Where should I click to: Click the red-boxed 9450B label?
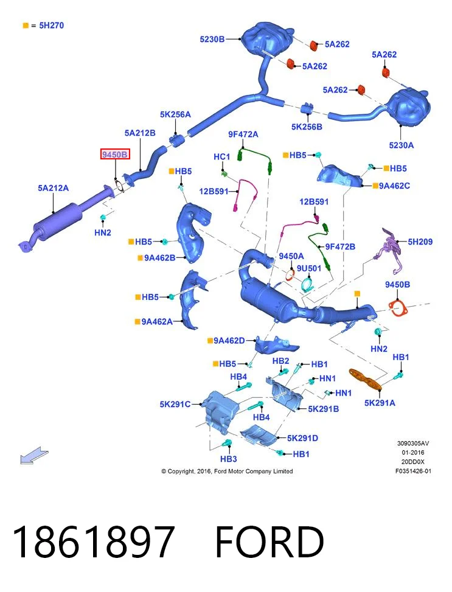coord(115,155)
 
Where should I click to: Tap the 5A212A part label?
coord(54,188)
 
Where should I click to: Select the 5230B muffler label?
coord(212,39)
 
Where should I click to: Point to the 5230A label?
coord(402,145)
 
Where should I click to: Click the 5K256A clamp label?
coord(175,114)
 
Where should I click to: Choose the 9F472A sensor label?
coord(243,134)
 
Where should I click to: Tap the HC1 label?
coord(221,157)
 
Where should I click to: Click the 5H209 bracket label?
coord(420,242)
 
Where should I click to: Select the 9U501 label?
coord(309,268)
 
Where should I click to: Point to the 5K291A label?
coord(380,403)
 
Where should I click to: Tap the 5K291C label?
coord(175,405)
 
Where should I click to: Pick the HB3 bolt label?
coord(229,459)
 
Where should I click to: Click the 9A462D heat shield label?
coord(229,341)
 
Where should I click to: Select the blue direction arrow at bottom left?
coord(34,455)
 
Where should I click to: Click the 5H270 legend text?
coord(51,26)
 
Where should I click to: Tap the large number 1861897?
coord(94,541)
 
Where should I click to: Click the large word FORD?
coord(269,541)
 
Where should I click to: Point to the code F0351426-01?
coord(413,471)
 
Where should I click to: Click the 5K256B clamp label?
coord(307,127)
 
